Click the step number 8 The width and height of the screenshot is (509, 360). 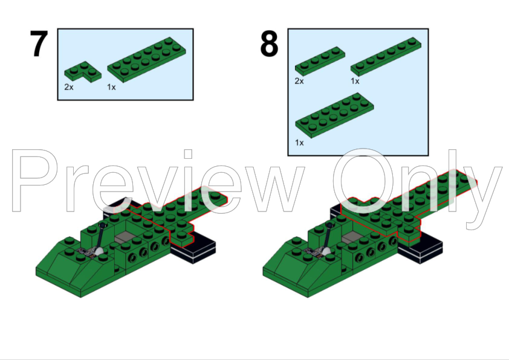[x=269, y=44]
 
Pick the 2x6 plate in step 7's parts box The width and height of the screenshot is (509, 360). [x=146, y=59]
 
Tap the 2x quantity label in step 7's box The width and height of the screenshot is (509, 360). [x=69, y=87]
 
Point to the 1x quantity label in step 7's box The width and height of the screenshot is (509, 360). [x=112, y=87]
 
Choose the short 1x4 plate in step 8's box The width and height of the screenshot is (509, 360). [x=319, y=60]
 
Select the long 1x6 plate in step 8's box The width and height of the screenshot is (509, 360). [x=386, y=56]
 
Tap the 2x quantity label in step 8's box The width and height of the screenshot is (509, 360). [x=299, y=81]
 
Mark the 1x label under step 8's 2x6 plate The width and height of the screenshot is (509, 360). [x=299, y=143]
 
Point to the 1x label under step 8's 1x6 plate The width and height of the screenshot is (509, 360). [x=355, y=81]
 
